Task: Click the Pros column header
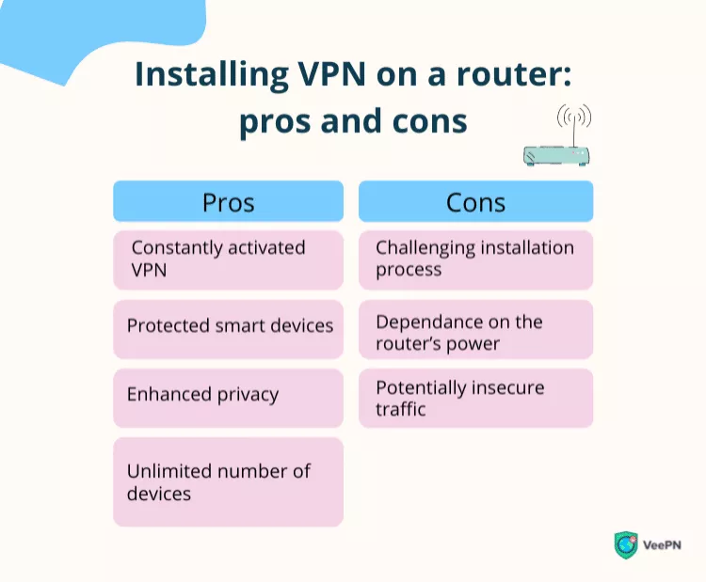228,202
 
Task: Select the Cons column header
475,202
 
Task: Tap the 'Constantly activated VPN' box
228,260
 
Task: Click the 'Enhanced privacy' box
228,395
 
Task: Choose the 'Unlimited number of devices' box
228,481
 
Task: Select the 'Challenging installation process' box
475,260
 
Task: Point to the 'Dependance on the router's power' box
475,332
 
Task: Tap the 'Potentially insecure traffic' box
475,398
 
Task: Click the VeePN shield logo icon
625,545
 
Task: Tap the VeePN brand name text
664,545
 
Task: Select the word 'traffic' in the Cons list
401,410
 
